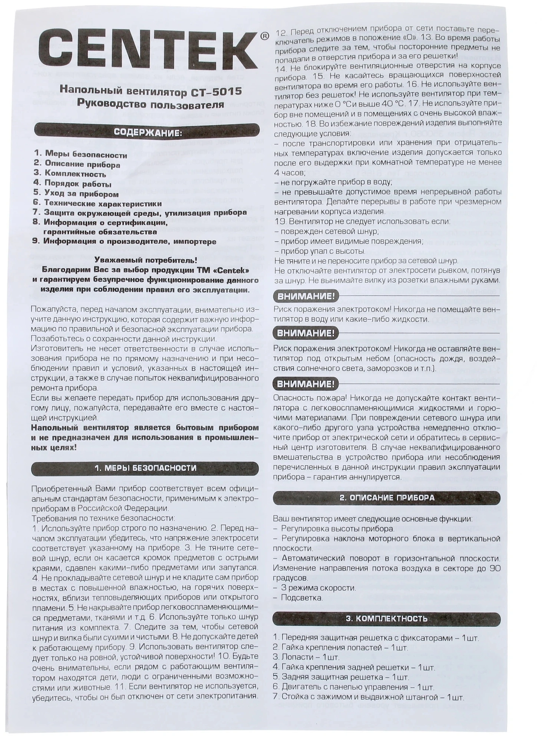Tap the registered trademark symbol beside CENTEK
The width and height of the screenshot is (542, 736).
pyautogui.click(x=264, y=36)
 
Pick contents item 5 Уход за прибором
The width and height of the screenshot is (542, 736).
pyautogui.click(x=76, y=194)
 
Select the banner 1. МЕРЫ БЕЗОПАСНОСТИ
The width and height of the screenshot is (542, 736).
pyautogui.click(x=145, y=468)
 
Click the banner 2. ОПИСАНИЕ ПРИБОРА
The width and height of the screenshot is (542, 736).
pyautogui.click(x=387, y=498)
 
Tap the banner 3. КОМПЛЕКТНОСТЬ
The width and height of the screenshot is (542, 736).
pyautogui.click(x=387, y=619)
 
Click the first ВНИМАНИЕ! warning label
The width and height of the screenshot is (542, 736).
pyautogui.click(x=305, y=296)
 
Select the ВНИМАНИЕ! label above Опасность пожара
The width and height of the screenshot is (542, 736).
pyautogui.click(x=305, y=384)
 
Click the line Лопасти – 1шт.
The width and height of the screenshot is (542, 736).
pyautogui.click(x=306, y=657)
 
